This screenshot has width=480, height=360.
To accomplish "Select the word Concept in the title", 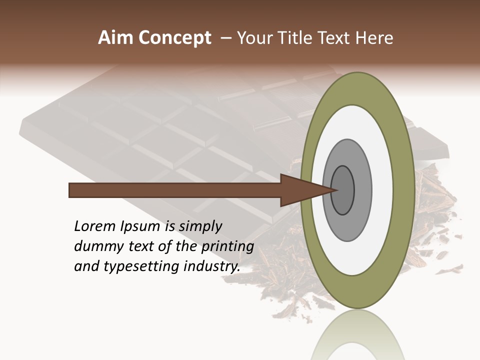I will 175,38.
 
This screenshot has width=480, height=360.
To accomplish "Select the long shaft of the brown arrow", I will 175,190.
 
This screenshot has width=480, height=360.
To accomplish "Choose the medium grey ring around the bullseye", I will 362,190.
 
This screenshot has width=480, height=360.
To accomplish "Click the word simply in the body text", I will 200,226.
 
